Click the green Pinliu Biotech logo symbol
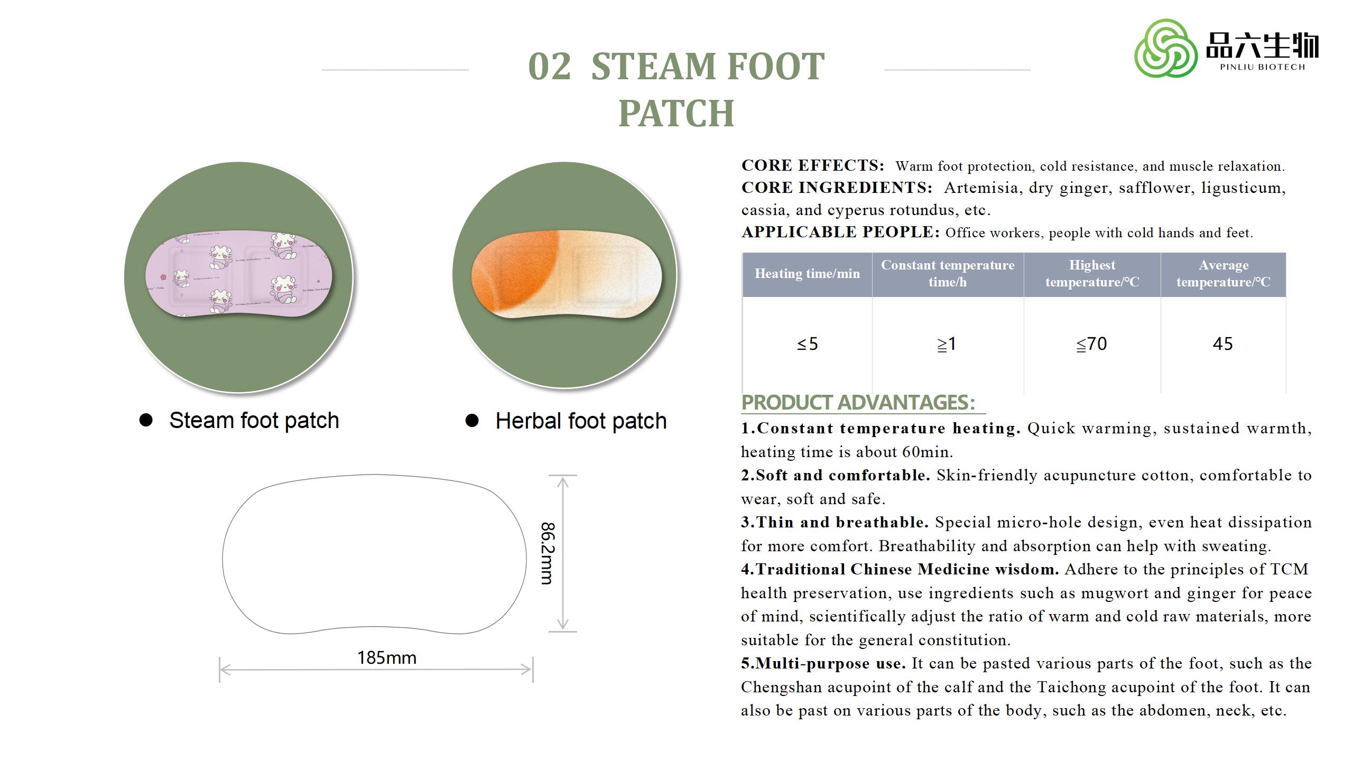coord(1166,48)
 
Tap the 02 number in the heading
coord(550,67)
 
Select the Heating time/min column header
coord(807,274)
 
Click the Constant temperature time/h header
coord(948,274)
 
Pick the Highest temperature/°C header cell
coord(1092,274)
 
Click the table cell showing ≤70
coord(1092,344)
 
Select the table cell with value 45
coord(1223,344)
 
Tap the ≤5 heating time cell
coord(807,344)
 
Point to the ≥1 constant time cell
coord(948,344)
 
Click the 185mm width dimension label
coord(387,658)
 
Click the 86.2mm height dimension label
coord(548,553)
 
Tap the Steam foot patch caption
coord(254,421)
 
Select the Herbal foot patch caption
coord(581,421)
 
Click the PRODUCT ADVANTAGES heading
coord(858,403)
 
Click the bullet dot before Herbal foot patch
coord(472,421)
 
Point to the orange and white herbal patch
coord(566,275)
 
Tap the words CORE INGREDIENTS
coord(837,188)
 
